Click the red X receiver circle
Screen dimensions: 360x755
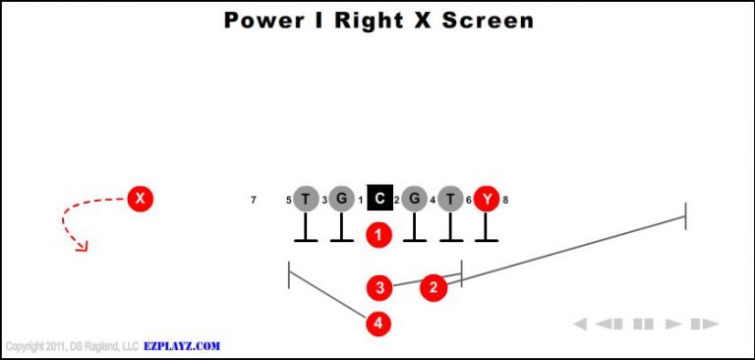point(141,199)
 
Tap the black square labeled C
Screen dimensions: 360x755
point(379,199)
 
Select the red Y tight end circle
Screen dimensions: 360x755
point(486,199)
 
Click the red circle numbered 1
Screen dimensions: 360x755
point(379,234)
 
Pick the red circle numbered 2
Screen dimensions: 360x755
point(434,287)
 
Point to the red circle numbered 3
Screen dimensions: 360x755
point(379,287)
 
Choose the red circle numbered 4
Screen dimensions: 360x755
point(379,323)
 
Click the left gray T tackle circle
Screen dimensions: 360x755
point(306,199)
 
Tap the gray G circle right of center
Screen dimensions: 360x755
point(415,199)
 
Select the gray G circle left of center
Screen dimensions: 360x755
point(341,199)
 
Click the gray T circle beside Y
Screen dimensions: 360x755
point(450,199)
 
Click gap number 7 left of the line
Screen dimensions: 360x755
point(254,201)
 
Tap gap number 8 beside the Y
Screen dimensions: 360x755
point(505,201)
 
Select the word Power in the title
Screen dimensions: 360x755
point(258,20)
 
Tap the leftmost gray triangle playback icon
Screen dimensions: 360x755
point(580,324)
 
